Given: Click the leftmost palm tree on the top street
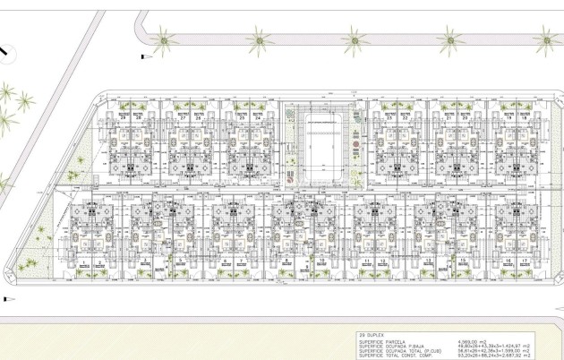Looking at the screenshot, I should [164, 39].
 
